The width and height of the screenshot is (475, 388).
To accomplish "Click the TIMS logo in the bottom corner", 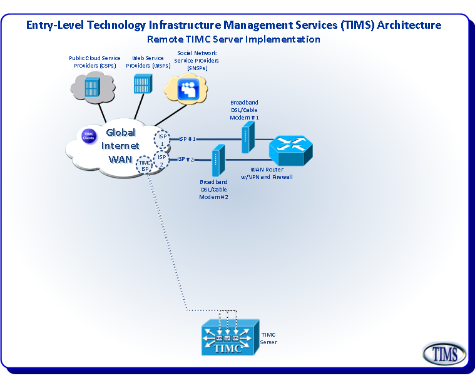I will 444,354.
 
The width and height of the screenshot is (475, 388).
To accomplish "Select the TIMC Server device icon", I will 229,339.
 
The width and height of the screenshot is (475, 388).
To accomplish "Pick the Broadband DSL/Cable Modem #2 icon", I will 218,160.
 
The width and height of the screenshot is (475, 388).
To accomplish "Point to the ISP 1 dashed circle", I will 162,139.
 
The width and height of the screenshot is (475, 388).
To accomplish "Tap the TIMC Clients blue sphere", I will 88,136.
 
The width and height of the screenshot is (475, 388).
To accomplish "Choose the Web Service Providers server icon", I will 142,83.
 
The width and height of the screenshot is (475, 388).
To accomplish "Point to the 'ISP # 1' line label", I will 187,139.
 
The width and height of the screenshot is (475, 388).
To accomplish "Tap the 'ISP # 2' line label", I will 186,160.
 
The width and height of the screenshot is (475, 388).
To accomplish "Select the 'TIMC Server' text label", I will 268,339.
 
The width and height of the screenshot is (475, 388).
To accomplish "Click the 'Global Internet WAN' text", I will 121,145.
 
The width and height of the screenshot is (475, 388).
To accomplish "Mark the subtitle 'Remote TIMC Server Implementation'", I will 233,39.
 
